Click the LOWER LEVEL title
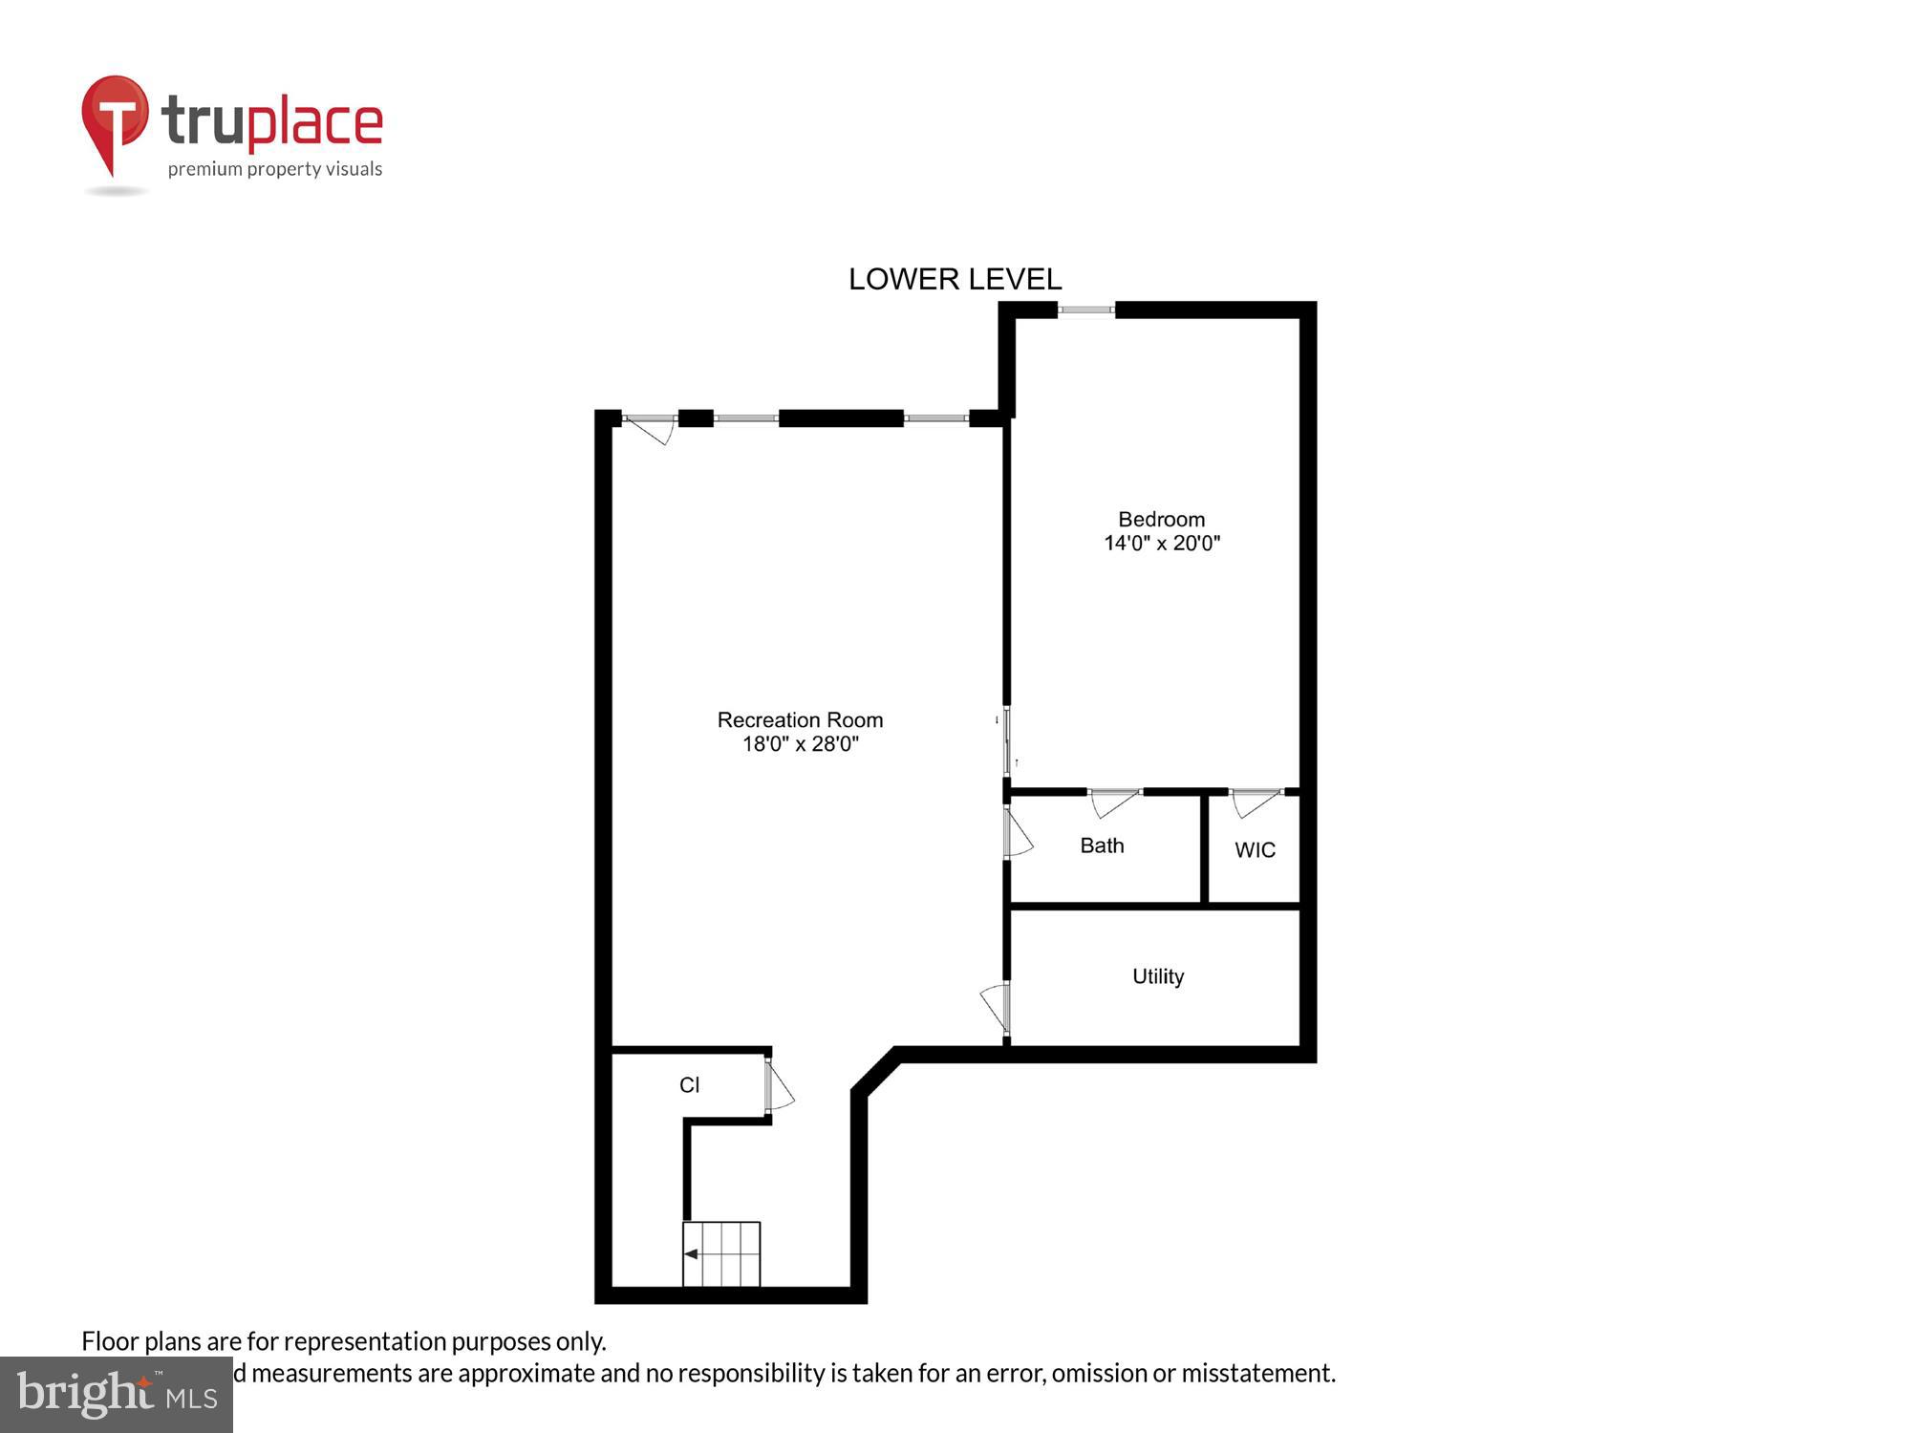(x=955, y=279)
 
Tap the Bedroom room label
(x=1161, y=520)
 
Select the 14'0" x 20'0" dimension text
(x=1162, y=544)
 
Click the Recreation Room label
(x=800, y=720)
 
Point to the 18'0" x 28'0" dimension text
(x=801, y=744)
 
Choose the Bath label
(x=1102, y=845)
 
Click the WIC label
(x=1255, y=850)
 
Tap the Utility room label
(x=1158, y=976)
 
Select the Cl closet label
(x=689, y=1085)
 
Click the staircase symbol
(x=721, y=1254)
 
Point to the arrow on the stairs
(x=691, y=1254)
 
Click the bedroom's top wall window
(x=1086, y=310)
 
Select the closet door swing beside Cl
(x=779, y=1085)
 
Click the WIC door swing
(x=1255, y=802)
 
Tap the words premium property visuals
(x=275, y=169)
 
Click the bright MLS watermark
(x=117, y=1395)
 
